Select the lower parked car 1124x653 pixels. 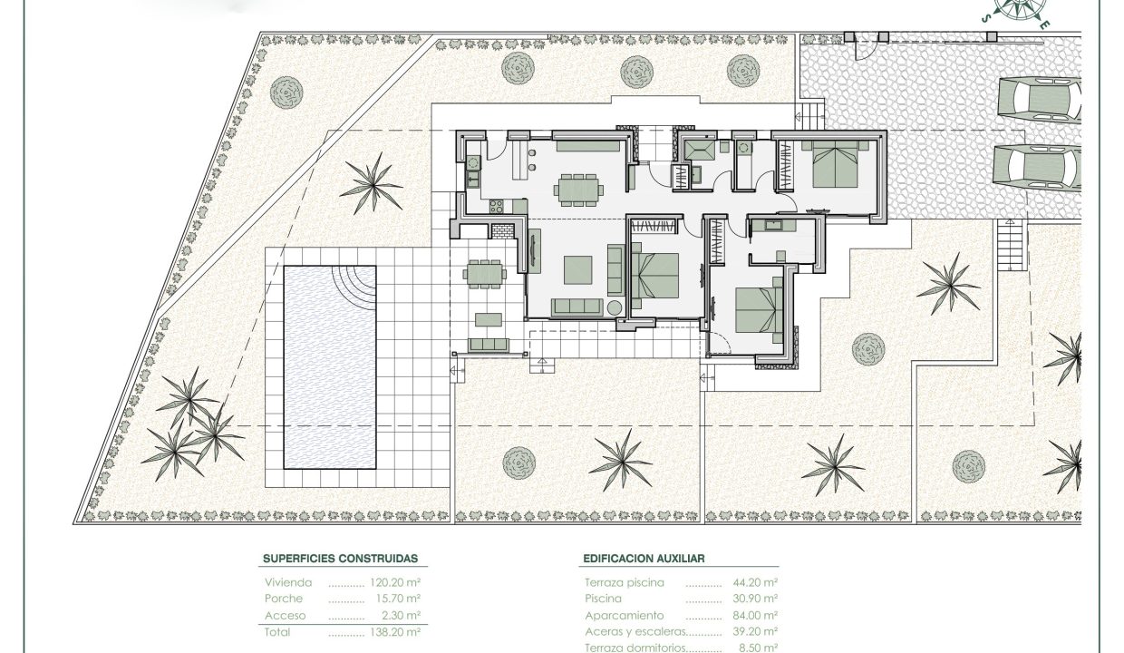click(x=1038, y=168)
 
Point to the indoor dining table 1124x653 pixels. click(x=578, y=190)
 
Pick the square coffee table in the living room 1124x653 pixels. click(x=578, y=270)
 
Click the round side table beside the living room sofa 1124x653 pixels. click(x=615, y=307)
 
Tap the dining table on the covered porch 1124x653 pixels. click(x=484, y=274)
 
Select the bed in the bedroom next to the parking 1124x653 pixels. click(x=835, y=164)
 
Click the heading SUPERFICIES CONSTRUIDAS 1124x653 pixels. click(x=340, y=559)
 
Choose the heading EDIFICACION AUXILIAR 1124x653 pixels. click(x=644, y=559)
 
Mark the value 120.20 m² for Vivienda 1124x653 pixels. click(x=395, y=582)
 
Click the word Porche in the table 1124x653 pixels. click(x=284, y=599)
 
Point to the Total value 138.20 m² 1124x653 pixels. click(x=395, y=632)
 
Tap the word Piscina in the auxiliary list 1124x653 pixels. click(x=603, y=599)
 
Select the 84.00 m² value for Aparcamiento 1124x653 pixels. click(x=755, y=615)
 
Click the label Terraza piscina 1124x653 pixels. click(x=625, y=583)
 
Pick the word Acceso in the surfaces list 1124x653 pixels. click(x=285, y=616)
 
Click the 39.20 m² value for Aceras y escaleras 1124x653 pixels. click(x=755, y=631)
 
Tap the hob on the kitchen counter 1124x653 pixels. click(x=496, y=206)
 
